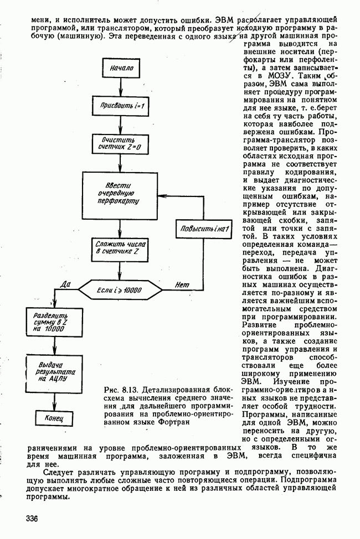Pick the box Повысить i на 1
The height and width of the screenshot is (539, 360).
pyautogui.click(x=203, y=228)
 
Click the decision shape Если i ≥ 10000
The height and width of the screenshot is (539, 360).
pyautogui.click(x=120, y=289)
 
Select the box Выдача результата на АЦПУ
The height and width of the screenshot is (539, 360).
pyautogui.click(x=53, y=372)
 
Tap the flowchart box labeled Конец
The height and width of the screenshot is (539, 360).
pyautogui.click(x=54, y=417)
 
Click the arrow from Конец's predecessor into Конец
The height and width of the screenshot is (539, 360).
pyautogui.click(x=53, y=400)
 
